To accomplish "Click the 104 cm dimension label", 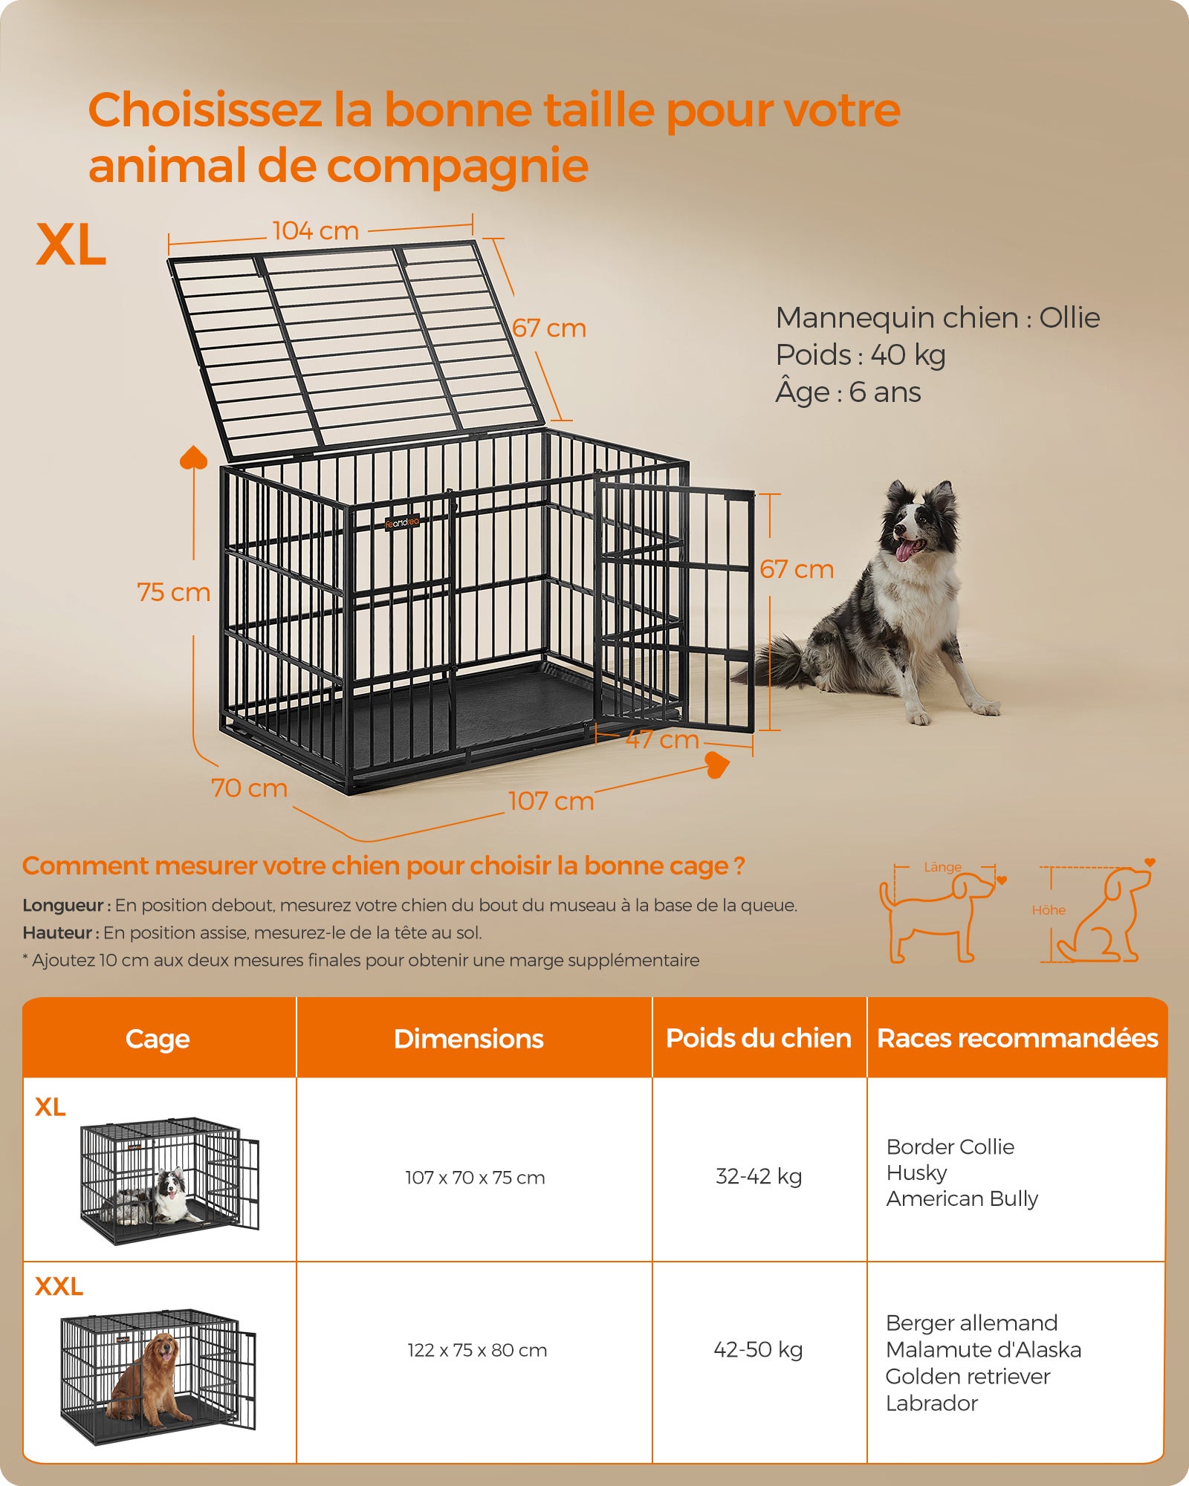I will coord(315,231).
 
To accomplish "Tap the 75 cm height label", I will coord(173,592).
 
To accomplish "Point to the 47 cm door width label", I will coord(661,739).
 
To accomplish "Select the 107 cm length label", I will coord(551,801).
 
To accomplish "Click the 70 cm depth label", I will coord(249,788).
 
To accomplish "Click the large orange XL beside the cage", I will coord(71,244).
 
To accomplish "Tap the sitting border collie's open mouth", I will coord(908,549).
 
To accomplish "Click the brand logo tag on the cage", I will coord(402,523).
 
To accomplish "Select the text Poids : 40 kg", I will coord(860,355).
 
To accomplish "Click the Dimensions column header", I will coord(468,1038).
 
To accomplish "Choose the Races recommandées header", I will coord(1017,1038).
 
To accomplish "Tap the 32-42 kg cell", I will coord(758,1176).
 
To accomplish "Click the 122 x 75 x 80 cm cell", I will coord(476,1350).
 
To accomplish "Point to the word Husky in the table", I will coord(916,1172).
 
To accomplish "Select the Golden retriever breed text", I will coord(968,1376).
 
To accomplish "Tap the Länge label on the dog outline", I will coord(942,867).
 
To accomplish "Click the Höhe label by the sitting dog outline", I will coord(1048,910).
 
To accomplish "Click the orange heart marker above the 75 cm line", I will coord(194,458).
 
